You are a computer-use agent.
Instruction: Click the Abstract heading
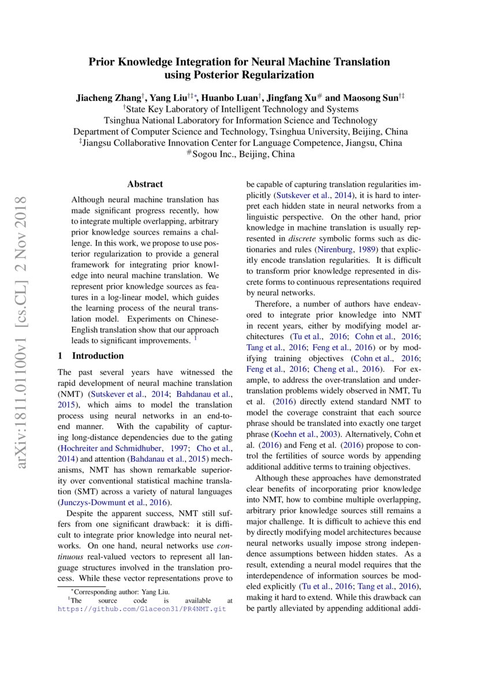pos(145,184)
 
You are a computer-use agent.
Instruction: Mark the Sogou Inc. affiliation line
pos(239,155)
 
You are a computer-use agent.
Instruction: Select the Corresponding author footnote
pos(120,591)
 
